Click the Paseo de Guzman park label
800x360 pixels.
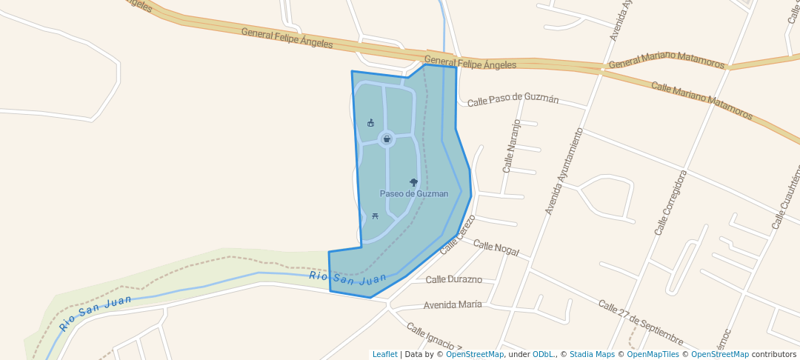pos(414,193)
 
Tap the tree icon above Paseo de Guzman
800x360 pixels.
pos(413,181)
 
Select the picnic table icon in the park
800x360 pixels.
pos(375,216)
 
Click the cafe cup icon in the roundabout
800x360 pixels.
pos(387,139)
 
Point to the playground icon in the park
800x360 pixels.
pos(370,122)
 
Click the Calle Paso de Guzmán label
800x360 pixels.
pos(513,99)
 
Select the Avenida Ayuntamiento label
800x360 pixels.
pos(564,171)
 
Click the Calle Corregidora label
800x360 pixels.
pos(670,202)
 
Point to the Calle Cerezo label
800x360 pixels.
pos(457,235)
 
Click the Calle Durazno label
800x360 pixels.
pos(454,279)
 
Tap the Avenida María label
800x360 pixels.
pos(453,304)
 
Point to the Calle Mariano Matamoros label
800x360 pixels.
pos(701,101)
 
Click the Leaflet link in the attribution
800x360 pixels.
pos(384,354)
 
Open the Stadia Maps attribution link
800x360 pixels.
pos(592,354)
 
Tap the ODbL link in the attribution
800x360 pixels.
pos(544,354)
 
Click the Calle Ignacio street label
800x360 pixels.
pos(433,336)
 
